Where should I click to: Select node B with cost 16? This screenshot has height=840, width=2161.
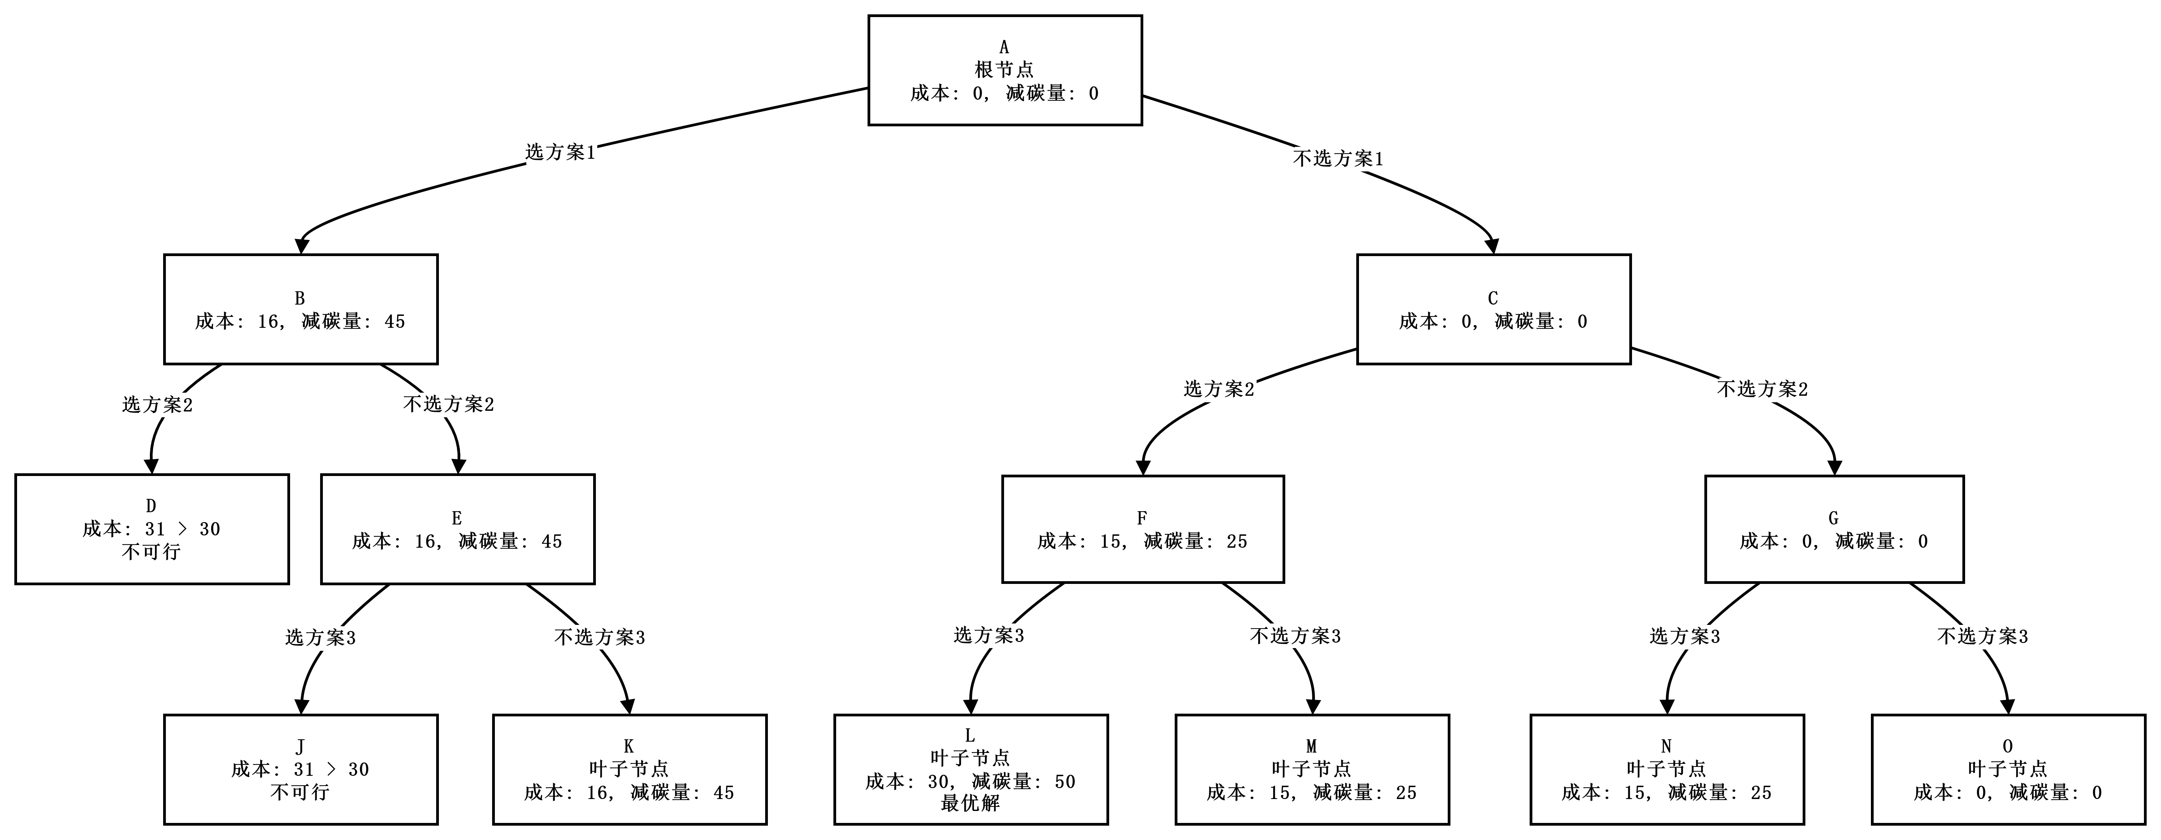coord(300,310)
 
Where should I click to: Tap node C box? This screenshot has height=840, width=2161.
coord(1493,310)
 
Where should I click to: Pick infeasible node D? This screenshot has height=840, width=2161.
coord(152,530)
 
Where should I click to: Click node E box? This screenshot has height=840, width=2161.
coord(457,530)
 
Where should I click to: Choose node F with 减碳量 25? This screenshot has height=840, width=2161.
coord(1143,530)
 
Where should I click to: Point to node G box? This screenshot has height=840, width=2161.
coord(1834,530)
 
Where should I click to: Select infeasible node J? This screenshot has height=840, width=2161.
coord(300,770)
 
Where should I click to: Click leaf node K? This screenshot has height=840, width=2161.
coord(629,770)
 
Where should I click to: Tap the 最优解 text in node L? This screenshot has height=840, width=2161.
coord(971,803)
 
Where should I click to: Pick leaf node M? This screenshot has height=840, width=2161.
coord(1312,770)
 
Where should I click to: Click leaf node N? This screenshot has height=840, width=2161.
coord(1667,770)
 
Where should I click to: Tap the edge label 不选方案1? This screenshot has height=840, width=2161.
coord(1339,158)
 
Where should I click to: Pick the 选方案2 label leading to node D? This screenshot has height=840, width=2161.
coord(159,405)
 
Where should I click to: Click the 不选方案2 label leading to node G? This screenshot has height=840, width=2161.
coord(1763,389)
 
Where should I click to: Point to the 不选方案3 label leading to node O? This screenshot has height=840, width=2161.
coord(1983,637)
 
